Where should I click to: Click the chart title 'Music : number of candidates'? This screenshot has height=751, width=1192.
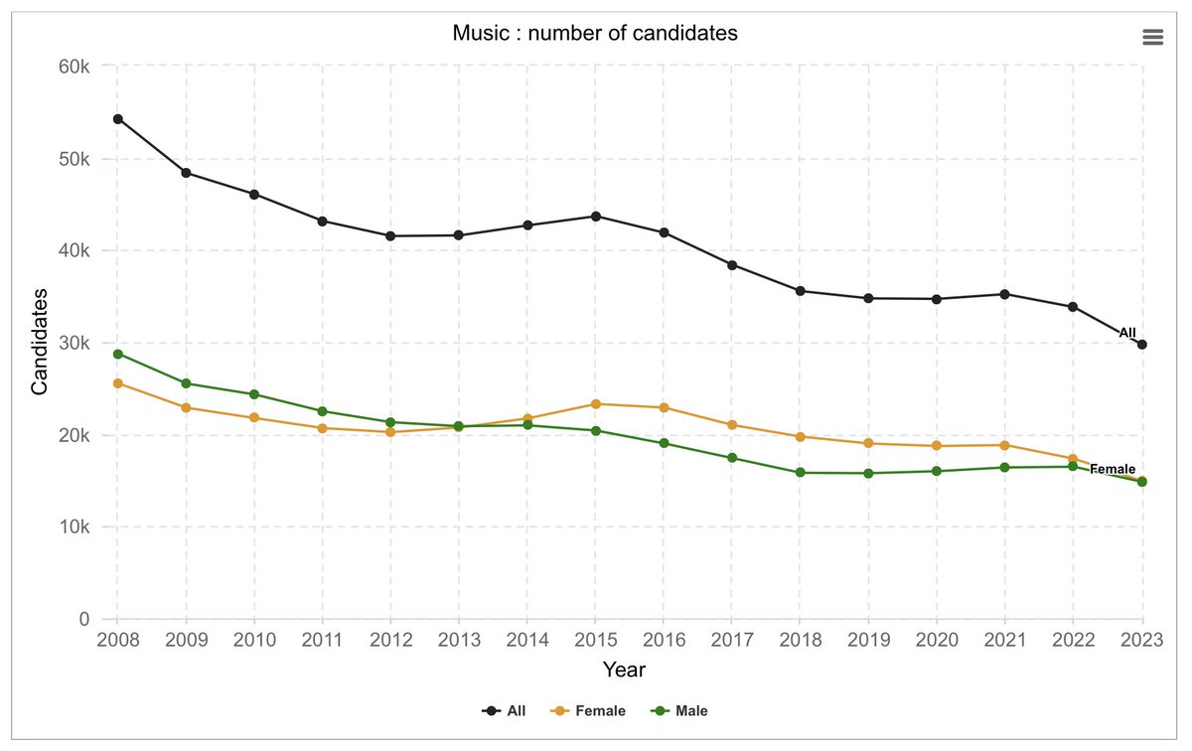[595, 34]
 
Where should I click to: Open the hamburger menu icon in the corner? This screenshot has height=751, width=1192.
[1152, 37]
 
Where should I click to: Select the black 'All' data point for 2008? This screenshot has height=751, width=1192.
[117, 119]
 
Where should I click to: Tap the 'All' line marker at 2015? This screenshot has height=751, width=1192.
[595, 216]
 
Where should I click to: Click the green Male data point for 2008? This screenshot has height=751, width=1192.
[117, 354]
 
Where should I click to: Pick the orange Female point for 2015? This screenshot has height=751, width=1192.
[595, 403]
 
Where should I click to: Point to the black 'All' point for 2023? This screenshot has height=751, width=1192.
[1142, 345]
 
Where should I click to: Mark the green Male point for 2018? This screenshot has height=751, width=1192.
[800, 473]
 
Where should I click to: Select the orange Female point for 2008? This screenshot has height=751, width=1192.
[117, 383]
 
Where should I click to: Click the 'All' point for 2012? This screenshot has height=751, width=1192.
[390, 235]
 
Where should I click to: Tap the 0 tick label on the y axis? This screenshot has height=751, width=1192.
[84, 619]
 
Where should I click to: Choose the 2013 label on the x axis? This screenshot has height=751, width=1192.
[458, 640]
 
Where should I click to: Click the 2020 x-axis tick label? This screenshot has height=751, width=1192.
[937, 640]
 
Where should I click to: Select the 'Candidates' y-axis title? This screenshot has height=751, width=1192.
[39, 342]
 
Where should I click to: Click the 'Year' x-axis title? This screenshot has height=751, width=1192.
[624, 671]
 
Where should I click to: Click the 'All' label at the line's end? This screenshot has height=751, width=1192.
[1126, 333]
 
